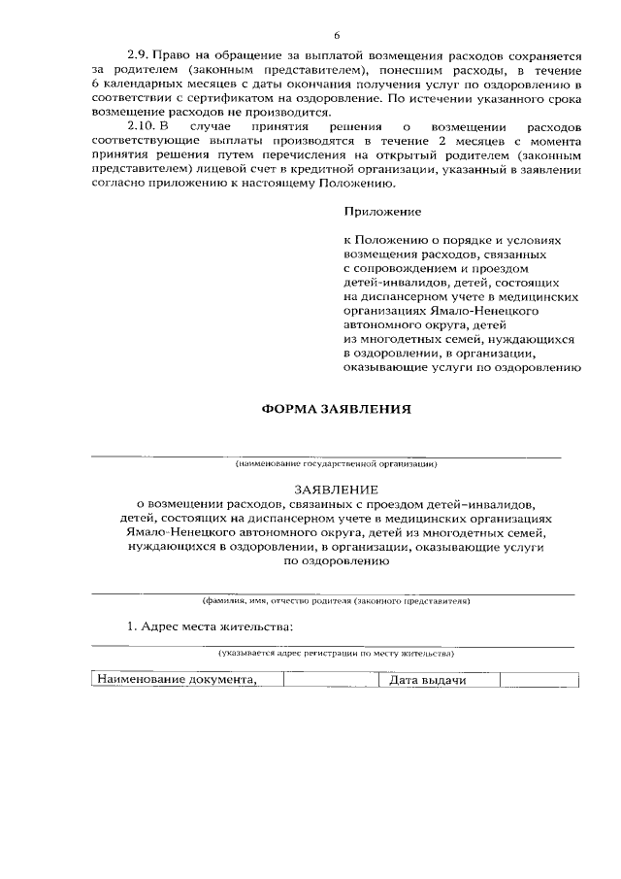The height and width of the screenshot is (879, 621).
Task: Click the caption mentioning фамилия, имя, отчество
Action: pos(336,601)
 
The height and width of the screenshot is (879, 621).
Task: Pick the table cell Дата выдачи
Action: pos(428,680)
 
